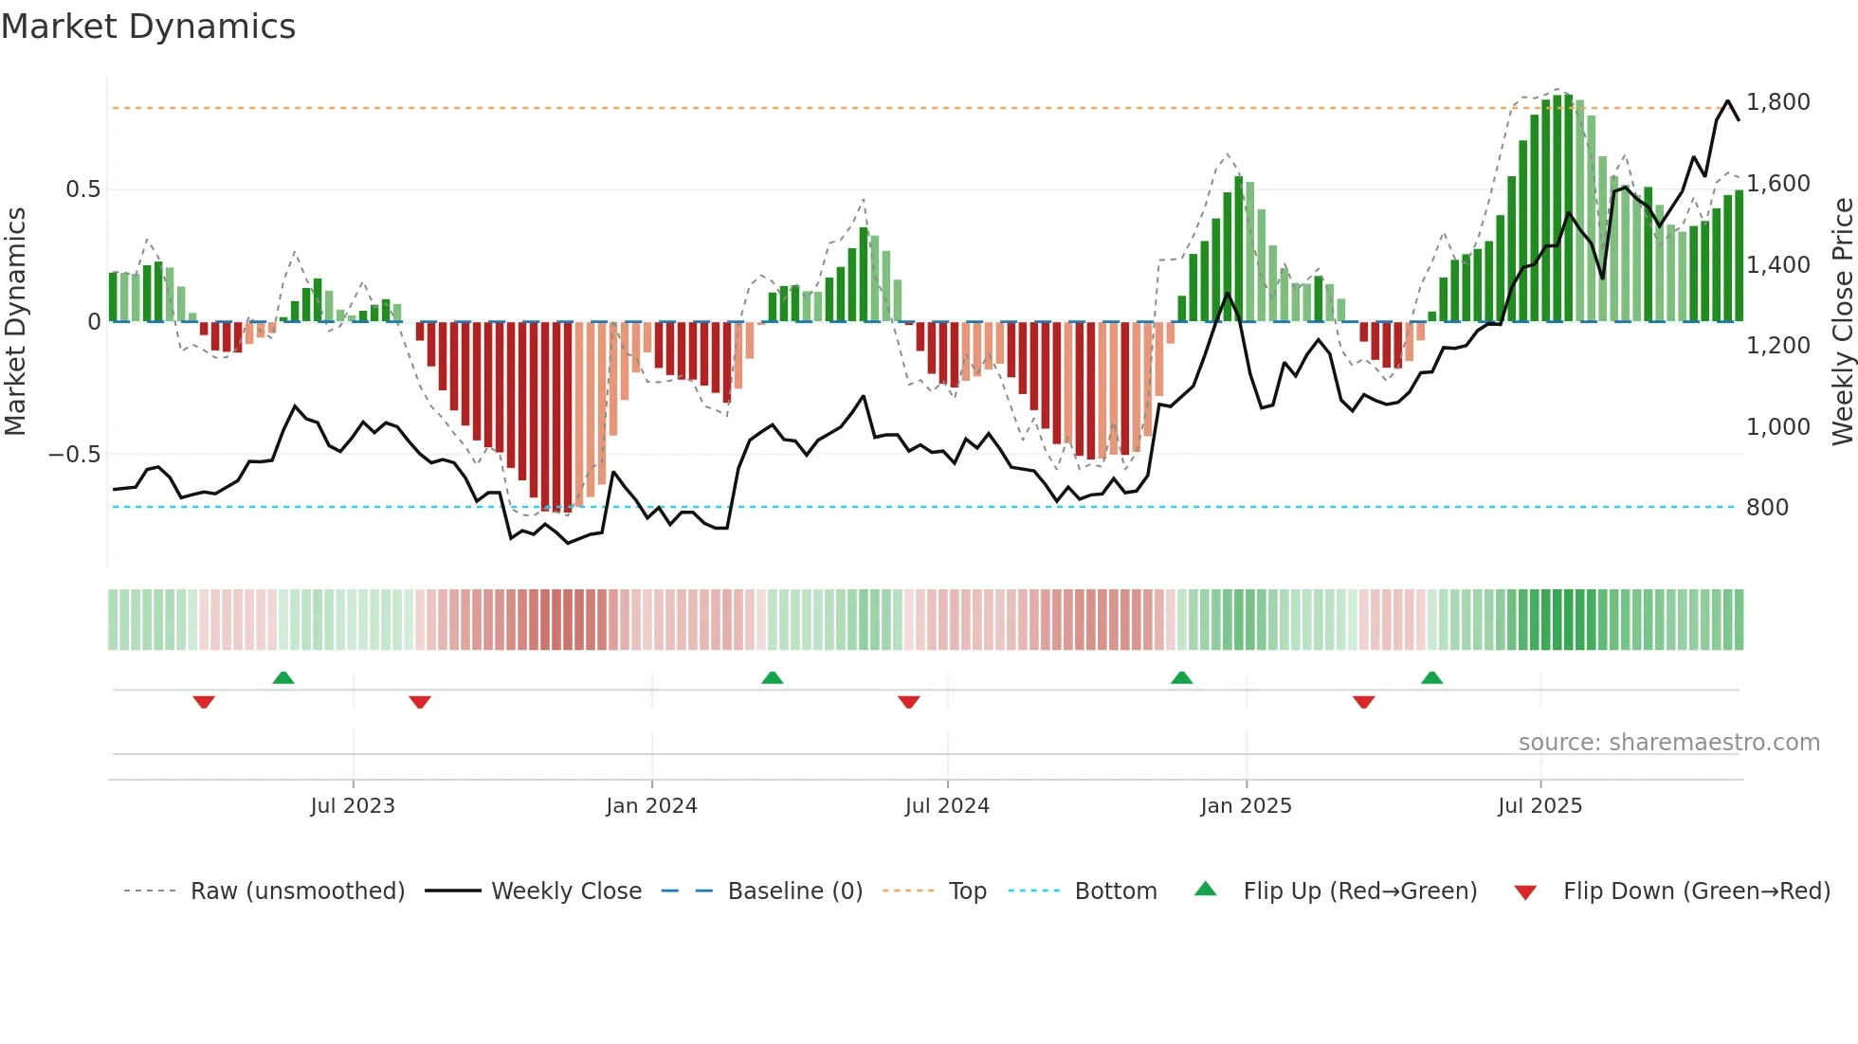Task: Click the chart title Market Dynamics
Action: pos(148,27)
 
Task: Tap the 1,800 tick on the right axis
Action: pos(1777,102)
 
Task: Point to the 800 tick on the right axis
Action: pos(1767,508)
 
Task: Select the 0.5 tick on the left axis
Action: pos(82,189)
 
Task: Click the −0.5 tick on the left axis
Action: pos(74,455)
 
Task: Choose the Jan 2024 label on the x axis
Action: pos(651,806)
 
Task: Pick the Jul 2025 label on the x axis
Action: pos(1539,806)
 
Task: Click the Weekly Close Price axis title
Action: pos(1841,322)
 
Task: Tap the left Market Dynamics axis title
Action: pos(15,322)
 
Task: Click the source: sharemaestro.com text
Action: pos(1668,743)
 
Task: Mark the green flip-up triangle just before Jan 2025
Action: pos(1181,678)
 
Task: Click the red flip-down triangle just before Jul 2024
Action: pos(908,702)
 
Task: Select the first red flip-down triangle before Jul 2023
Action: pos(204,702)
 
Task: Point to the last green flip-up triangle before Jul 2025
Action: pos(1431,678)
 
